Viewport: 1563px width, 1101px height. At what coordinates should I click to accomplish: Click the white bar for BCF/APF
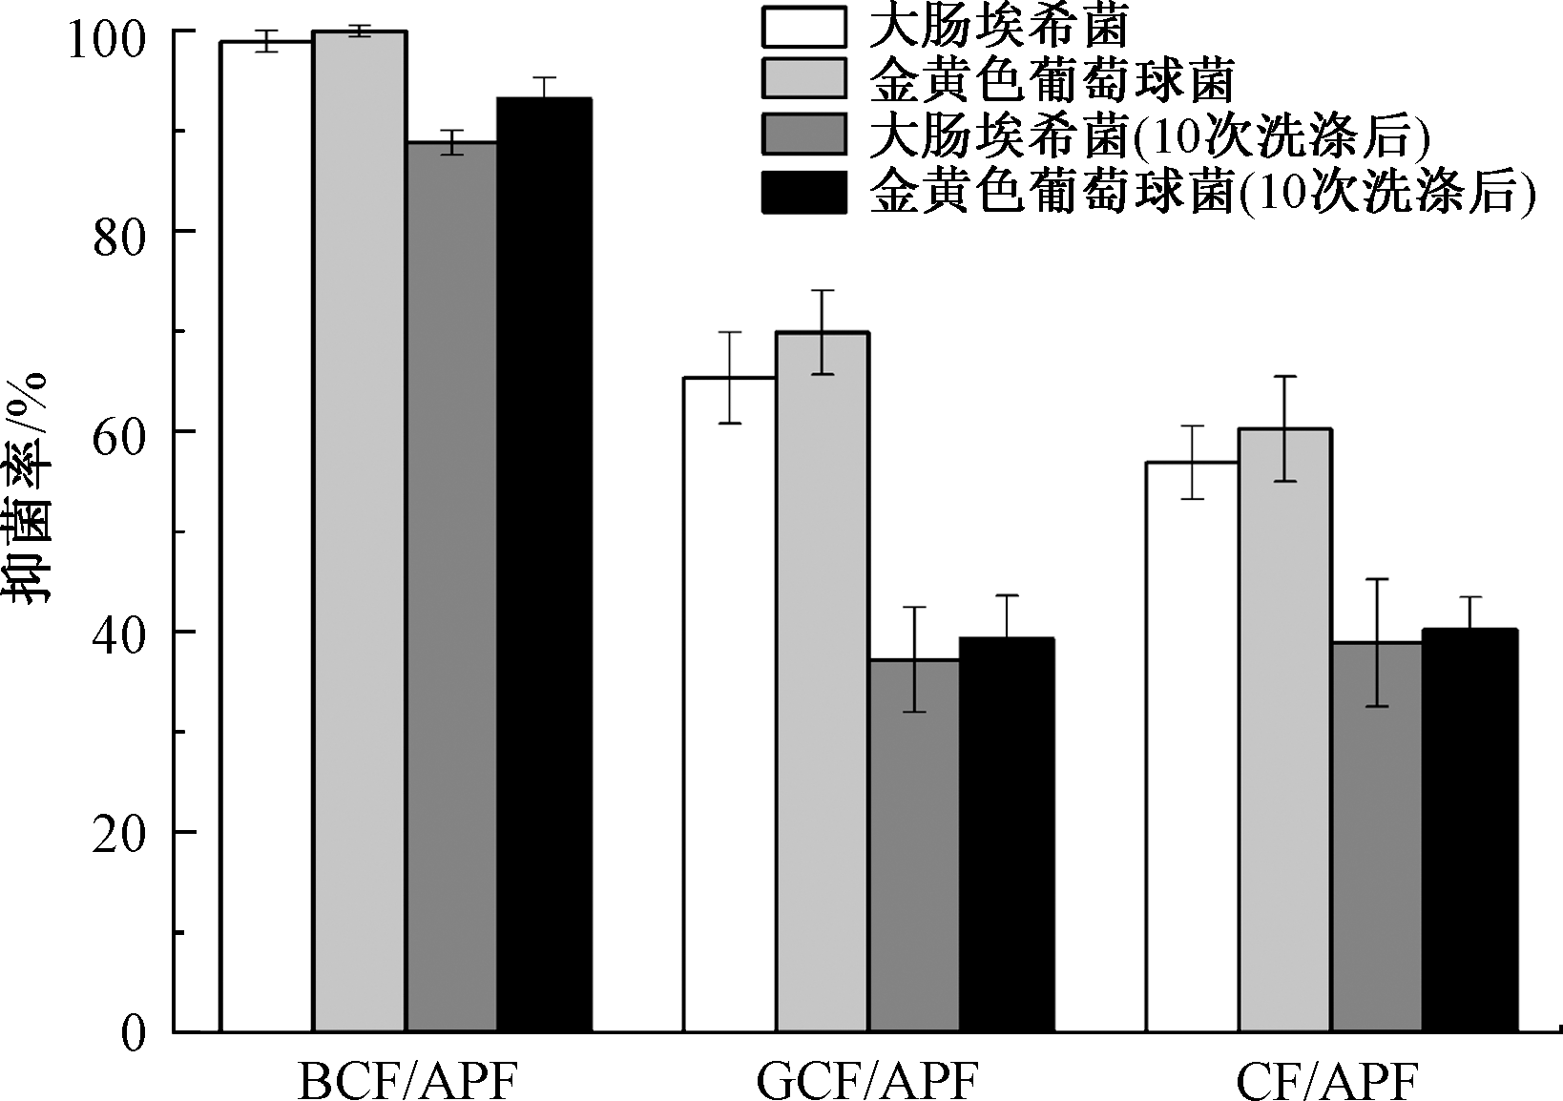click(x=266, y=536)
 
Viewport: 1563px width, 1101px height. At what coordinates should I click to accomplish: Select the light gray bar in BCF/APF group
click(x=360, y=531)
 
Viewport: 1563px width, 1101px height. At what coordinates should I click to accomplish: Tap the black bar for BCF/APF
click(x=544, y=565)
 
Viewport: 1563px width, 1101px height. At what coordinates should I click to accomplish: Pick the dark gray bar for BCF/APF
click(x=452, y=587)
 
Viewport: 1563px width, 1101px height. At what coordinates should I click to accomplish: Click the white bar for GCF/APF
click(x=729, y=705)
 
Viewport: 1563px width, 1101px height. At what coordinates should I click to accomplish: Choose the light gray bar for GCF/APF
click(x=822, y=682)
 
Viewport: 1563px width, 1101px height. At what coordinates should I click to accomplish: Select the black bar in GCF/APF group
click(x=1007, y=835)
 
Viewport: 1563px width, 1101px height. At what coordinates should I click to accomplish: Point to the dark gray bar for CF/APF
click(x=1377, y=838)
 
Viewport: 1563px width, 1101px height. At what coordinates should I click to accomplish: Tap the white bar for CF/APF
click(x=1192, y=747)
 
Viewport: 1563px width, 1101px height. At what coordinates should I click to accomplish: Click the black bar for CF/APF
click(x=1469, y=831)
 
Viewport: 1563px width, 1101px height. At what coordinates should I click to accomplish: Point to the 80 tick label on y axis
click(x=119, y=239)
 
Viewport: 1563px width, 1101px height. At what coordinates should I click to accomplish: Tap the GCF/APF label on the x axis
click(x=868, y=1081)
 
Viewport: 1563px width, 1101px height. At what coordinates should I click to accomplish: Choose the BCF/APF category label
click(x=408, y=1081)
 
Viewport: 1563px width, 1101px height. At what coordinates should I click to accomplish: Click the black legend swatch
click(x=803, y=192)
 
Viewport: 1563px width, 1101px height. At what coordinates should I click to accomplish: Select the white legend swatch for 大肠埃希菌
click(x=803, y=28)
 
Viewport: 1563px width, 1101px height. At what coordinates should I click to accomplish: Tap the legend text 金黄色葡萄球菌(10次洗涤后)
click(x=1202, y=191)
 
